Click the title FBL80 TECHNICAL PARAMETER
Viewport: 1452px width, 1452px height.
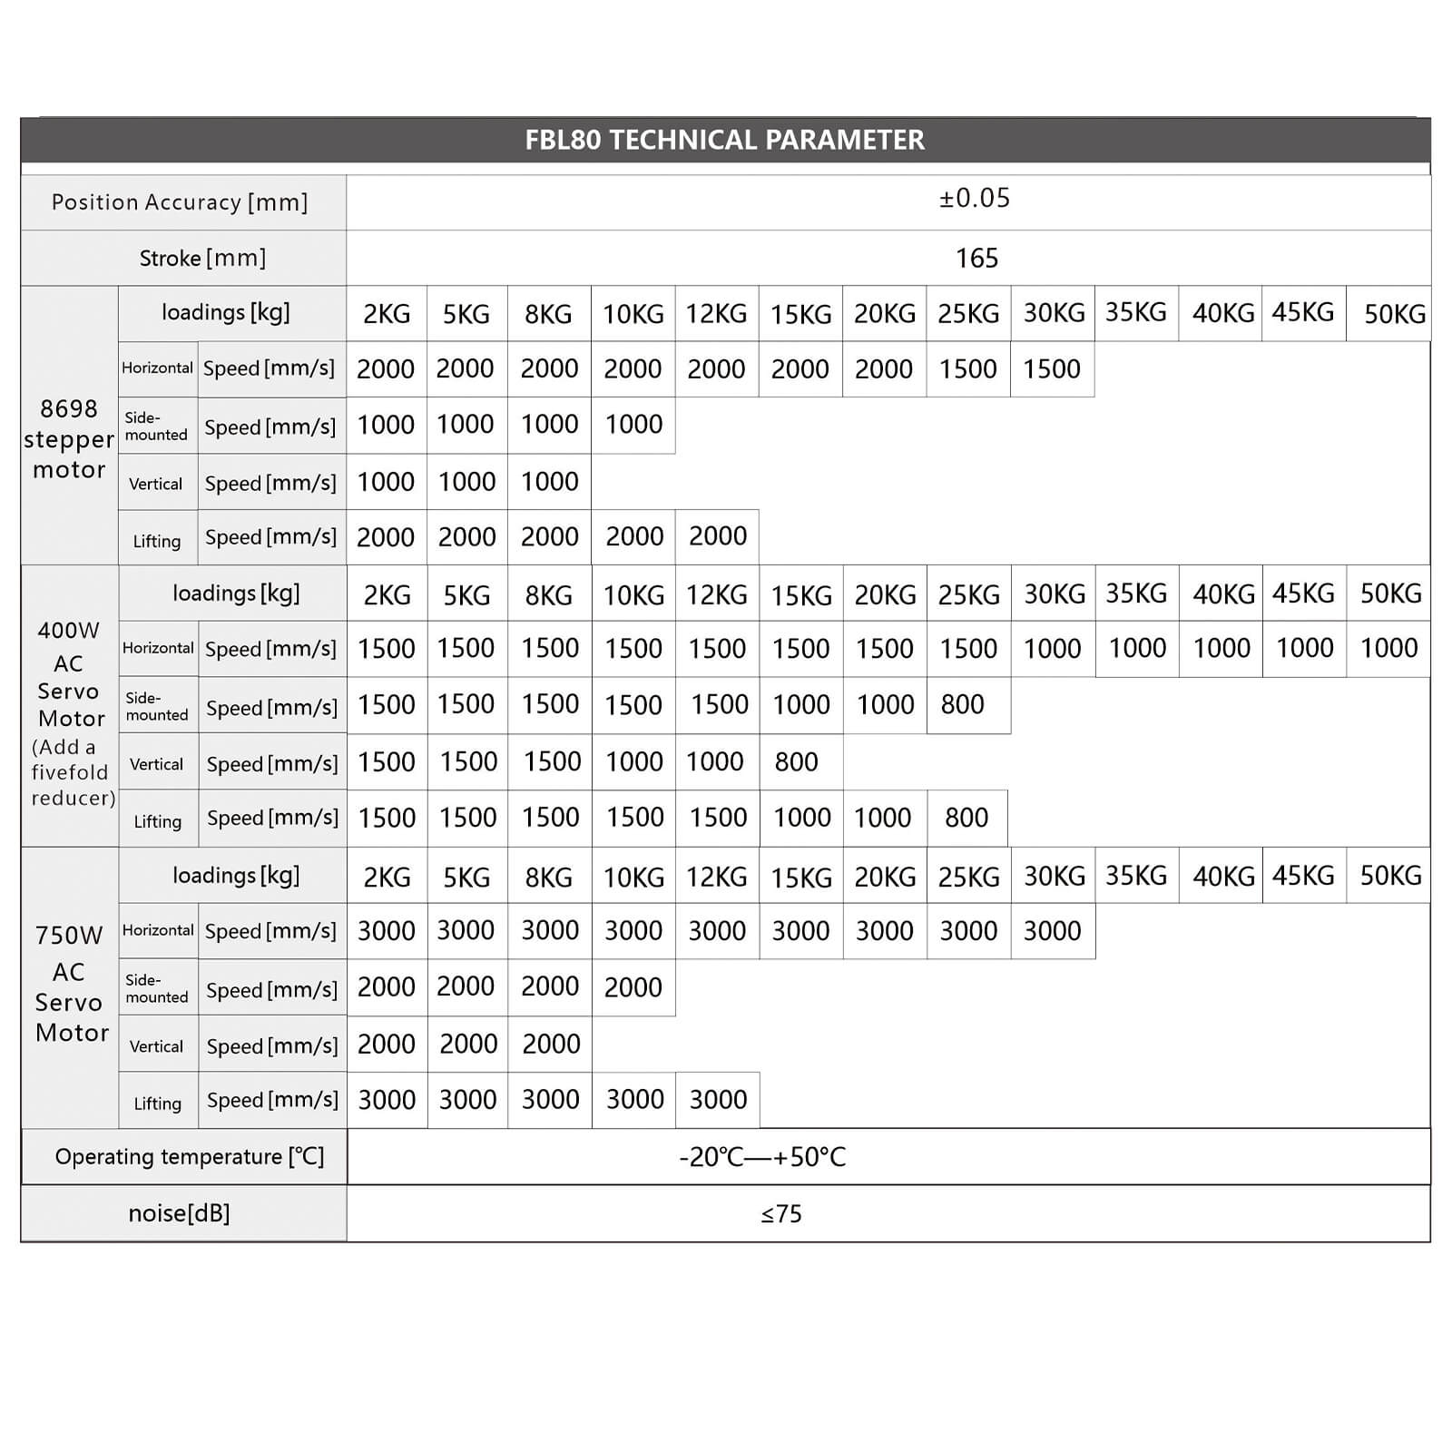click(724, 140)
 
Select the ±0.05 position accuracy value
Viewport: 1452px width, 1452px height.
click(975, 198)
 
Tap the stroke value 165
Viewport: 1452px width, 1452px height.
click(976, 259)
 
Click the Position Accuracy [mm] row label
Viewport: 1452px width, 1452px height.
click(180, 202)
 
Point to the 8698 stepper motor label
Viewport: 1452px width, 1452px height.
click(69, 439)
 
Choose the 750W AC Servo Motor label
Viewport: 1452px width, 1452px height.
click(71, 985)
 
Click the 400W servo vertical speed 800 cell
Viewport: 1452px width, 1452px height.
click(796, 762)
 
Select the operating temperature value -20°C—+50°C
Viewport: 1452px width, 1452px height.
click(762, 1157)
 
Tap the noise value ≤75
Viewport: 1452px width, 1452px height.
click(781, 1214)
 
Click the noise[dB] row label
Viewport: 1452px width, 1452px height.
click(180, 1213)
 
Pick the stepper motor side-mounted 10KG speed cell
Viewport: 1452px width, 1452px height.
click(633, 425)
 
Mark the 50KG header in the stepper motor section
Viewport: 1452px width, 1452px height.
click(1395, 314)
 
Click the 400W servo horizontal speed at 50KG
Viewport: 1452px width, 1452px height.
click(1388, 648)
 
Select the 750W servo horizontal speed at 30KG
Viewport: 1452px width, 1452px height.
click(1052, 931)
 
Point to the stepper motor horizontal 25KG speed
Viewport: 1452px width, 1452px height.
click(967, 369)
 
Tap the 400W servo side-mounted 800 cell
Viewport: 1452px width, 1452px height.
click(962, 704)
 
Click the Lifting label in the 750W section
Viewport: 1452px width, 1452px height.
click(158, 1104)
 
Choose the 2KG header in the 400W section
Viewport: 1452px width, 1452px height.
click(388, 595)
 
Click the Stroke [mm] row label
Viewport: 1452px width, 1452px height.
click(202, 259)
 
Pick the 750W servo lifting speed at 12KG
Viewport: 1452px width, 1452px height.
click(718, 1100)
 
